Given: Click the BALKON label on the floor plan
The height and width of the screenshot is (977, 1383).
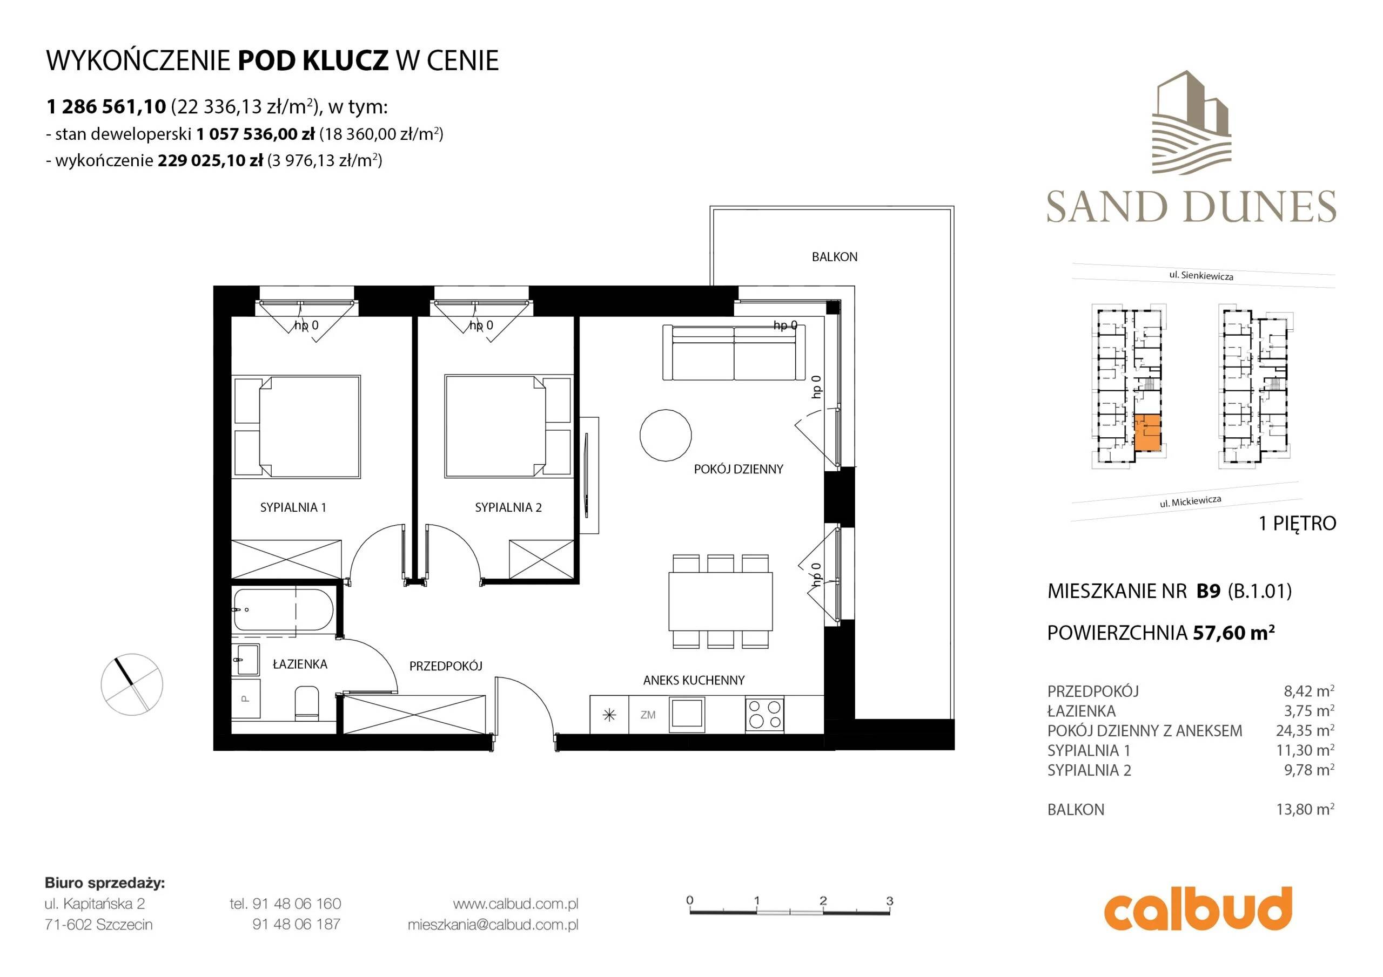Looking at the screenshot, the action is [834, 257].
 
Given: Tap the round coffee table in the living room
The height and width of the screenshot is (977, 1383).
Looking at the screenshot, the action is [665, 435].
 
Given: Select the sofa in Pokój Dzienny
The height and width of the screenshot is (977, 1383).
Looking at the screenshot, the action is [734, 352].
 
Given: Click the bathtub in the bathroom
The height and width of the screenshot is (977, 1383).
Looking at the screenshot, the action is [283, 609].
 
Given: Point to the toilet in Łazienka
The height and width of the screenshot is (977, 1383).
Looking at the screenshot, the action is [307, 702].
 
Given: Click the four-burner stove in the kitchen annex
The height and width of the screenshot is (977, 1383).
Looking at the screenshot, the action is [764, 714].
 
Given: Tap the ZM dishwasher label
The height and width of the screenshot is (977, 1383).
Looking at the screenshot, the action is [648, 715].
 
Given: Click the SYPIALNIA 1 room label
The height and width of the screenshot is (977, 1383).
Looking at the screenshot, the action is [293, 507].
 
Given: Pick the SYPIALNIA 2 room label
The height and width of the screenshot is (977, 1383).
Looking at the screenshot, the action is [508, 507].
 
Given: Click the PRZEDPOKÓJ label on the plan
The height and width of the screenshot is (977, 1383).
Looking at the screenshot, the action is [446, 666].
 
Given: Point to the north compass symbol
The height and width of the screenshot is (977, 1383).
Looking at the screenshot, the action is [132, 684].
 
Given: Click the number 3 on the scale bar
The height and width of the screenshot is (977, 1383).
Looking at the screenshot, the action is [890, 900].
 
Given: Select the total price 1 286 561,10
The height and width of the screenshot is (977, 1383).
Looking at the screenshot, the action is [106, 106].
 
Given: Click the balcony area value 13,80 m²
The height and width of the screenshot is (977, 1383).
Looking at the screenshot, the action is [1305, 809].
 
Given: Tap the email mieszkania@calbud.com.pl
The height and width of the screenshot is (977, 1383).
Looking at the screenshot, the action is [493, 924].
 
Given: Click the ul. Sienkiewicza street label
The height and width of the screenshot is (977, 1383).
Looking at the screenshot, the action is [1201, 276].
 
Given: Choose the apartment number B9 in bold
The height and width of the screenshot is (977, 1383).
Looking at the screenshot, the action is [1209, 591].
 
